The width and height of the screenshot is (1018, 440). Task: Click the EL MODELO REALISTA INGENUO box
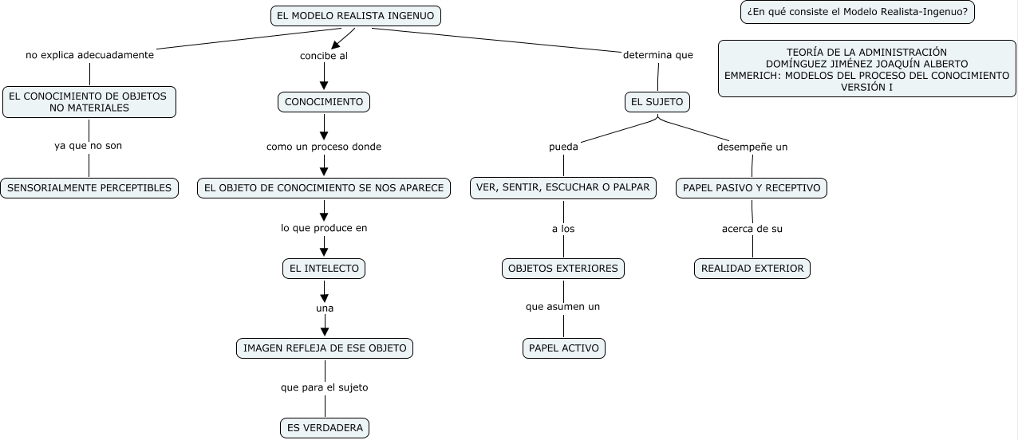point(356,16)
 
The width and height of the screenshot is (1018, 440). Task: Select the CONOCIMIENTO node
point(324,102)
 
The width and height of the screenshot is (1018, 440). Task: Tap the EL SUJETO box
point(657,102)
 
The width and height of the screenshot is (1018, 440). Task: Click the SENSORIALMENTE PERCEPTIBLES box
point(89,188)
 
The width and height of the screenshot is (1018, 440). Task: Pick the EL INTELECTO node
point(324,269)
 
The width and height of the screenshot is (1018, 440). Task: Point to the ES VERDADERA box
point(325,428)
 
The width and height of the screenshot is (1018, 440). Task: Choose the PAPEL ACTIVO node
point(564,348)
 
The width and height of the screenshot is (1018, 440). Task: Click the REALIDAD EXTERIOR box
point(752,269)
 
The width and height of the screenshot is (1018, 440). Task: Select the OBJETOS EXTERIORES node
point(563,269)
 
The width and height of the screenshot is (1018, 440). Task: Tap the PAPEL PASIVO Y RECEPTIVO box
point(752,188)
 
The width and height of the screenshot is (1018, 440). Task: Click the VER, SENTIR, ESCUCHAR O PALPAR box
point(563,188)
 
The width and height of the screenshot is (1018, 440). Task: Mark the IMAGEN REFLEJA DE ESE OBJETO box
point(325,348)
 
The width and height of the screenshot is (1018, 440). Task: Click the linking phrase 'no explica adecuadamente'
point(89,56)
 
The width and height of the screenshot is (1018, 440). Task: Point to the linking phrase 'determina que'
point(658,56)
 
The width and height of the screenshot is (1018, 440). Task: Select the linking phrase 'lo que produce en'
point(324,228)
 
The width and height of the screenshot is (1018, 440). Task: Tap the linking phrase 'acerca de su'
point(752,229)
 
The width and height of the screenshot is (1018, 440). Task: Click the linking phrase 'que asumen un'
point(563,307)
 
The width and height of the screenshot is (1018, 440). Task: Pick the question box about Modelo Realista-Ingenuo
point(858,12)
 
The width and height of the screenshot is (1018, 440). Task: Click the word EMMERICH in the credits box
point(751,76)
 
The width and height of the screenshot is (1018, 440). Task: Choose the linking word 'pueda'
point(563,147)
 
